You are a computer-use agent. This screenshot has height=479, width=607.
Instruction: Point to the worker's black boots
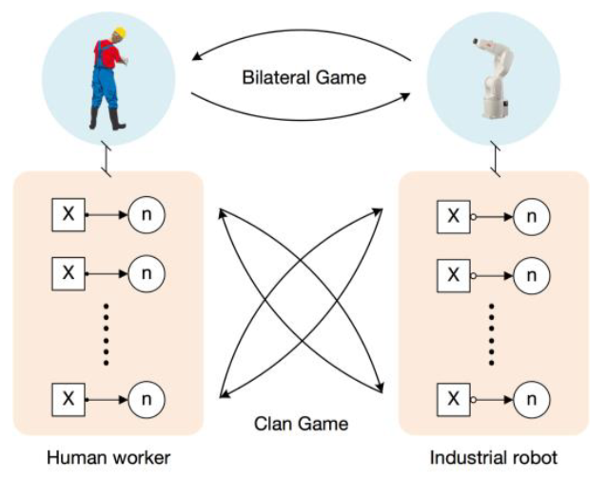point(106,119)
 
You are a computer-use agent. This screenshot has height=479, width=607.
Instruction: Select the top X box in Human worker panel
point(68,216)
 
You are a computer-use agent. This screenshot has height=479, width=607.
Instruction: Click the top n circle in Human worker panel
point(147,216)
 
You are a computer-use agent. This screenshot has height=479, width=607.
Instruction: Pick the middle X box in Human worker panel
point(68,273)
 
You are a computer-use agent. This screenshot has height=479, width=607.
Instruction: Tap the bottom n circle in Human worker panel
point(147,394)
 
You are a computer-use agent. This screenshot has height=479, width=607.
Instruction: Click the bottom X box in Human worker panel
point(68,394)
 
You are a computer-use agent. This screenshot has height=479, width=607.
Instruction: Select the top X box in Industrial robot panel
point(453,217)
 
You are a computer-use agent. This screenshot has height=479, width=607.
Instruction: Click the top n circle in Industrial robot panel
point(533,217)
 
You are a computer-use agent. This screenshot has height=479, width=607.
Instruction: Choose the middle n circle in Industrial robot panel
point(533,274)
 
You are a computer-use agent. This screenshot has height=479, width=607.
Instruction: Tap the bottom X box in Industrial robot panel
point(453,394)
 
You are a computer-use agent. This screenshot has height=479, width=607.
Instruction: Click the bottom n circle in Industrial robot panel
point(533,394)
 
